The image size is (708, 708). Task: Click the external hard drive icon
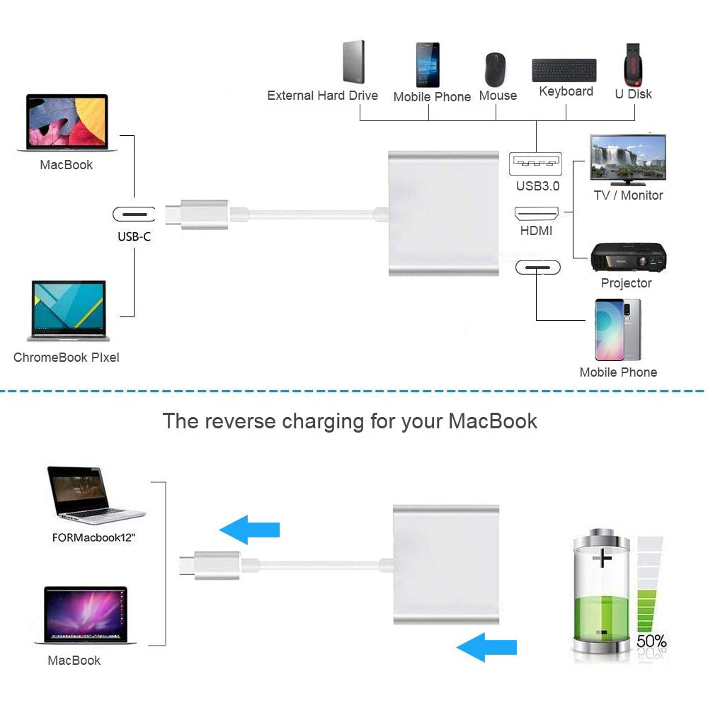pos(353,62)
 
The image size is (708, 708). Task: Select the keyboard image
pos(564,70)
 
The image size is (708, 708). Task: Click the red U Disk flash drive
pos(632,62)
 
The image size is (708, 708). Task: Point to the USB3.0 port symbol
pos(535,164)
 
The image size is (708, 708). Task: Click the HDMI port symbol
pos(536,212)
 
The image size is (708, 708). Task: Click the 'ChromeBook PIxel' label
pos(67,358)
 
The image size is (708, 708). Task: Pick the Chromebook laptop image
pos(69,310)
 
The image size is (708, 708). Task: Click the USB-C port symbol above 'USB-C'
pos(134,214)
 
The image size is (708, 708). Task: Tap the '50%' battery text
pos(651,641)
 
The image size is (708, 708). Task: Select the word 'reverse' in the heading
pos(241,421)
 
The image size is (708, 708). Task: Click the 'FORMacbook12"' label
pos(93,537)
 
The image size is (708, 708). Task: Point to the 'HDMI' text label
pos(536,231)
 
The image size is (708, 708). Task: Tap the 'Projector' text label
pos(626,283)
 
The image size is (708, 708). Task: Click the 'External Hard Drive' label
pos(322,96)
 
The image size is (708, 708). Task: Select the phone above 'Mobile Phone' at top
pos(427,65)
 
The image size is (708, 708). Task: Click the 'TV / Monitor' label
pos(628,195)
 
